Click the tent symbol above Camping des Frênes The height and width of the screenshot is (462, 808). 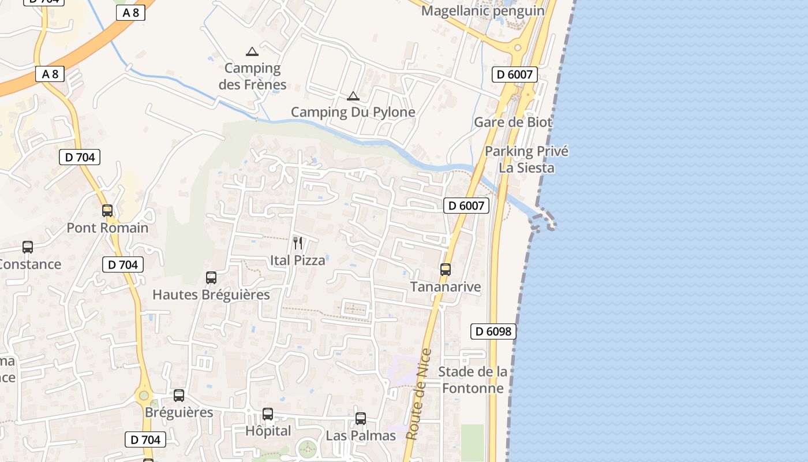pos(252,51)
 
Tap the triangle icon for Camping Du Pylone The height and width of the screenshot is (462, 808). pos(353,96)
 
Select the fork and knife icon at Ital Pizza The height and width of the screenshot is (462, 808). pos(298,243)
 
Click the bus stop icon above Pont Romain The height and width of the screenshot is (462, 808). pos(107,211)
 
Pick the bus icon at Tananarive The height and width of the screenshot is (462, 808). pos(445,270)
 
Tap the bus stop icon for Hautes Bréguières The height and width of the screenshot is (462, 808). pos(211,278)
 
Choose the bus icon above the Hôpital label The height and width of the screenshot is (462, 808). pos(268,414)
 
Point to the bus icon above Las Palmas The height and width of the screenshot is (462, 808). pos(361,419)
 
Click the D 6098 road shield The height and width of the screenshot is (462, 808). pos(493,331)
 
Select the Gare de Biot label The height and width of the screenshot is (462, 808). pos(513,122)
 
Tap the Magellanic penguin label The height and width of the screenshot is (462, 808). pos(483,11)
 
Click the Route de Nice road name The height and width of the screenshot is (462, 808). pos(419,394)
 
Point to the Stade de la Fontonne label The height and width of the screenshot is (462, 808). pos(473,379)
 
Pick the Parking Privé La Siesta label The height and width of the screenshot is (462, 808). pos(526,159)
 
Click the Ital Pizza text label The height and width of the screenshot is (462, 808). pos(298,260)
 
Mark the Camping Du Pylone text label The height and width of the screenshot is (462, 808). pos(353,112)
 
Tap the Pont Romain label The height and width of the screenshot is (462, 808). pos(107,228)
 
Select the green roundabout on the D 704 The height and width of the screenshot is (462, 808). pos(143,396)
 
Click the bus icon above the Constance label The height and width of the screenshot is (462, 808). pos(28,247)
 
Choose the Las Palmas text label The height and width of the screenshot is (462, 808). pos(361,435)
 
